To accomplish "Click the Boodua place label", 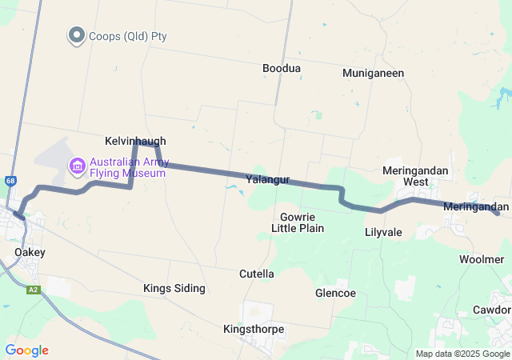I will coord(282,69).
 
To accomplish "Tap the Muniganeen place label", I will coord(373,73).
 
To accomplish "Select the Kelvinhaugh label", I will coord(135,140).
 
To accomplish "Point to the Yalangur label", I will coord(267,180).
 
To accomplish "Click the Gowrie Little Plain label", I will coord(297,222).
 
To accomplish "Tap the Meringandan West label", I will coord(415,176).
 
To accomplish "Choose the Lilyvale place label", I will coord(382,232).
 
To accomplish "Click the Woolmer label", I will coord(482,259).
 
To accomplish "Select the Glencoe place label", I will coord(335,293).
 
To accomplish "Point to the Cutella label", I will coord(257,274).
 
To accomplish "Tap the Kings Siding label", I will coord(174,288).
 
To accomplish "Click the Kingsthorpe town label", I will coord(254,329).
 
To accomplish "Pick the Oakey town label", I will coord(30,252).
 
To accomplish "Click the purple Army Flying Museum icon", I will coord(78,166).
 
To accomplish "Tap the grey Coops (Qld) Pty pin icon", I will coord(77,36).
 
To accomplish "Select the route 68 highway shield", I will coord(9,181).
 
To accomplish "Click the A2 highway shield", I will coord(33,290).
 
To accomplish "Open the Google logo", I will coord(26,350).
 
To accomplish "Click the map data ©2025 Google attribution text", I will coord(462,354).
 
